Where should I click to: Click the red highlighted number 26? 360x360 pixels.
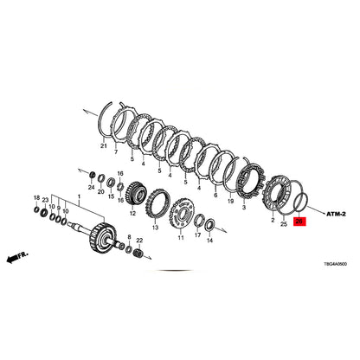[299, 222]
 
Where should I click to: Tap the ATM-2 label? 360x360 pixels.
[336, 214]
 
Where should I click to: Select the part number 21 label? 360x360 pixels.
[104, 146]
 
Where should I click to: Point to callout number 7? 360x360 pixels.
[116, 151]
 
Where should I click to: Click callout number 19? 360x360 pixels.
[230, 201]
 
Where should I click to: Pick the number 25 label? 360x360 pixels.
[284, 224]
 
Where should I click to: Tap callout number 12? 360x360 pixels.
[132, 214]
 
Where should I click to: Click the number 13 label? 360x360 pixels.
[156, 228]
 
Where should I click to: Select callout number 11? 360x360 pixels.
[181, 238]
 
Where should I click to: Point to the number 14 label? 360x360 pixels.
[209, 240]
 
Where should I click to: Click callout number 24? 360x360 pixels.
[91, 188]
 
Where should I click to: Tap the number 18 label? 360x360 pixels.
[36, 198]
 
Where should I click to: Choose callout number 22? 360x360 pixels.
[139, 241]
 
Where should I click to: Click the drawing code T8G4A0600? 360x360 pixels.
[335, 264]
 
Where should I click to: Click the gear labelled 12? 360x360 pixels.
[135, 193]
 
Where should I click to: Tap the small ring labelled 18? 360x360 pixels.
[37, 209]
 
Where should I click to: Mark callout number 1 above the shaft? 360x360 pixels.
[79, 196]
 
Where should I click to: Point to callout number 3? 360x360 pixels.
[244, 208]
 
